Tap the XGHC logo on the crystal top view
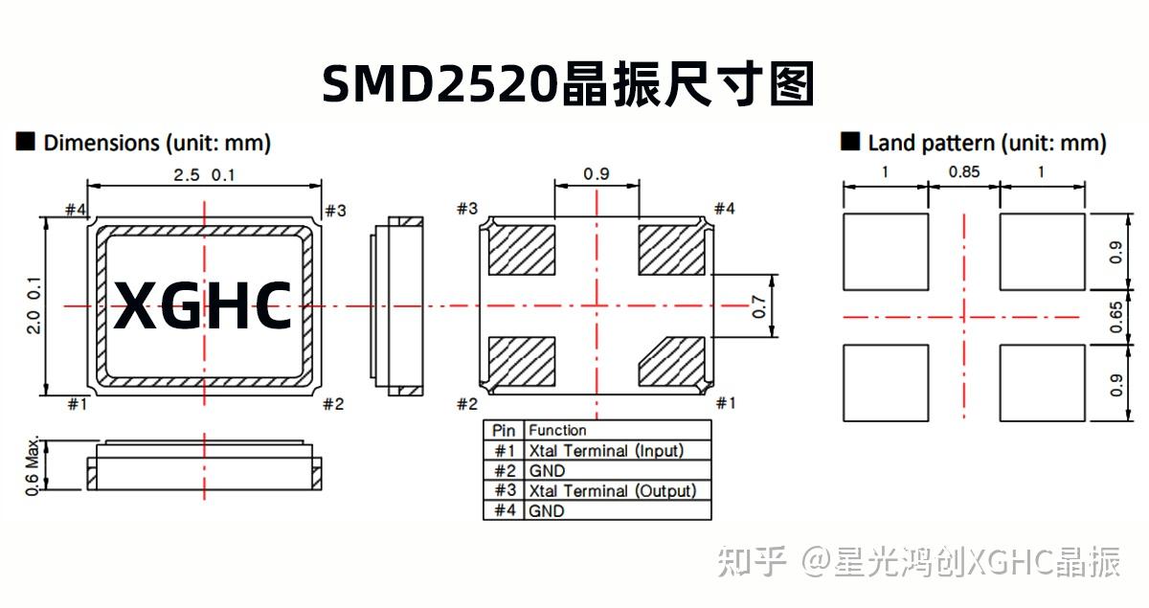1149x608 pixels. click(x=203, y=306)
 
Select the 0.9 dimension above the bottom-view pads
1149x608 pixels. click(x=596, y=174)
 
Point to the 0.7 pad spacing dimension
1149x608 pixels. click(x=759, y=306)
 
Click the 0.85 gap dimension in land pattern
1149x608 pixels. click(x=963, y=172)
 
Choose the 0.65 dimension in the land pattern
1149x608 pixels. click(x=1115, y=316)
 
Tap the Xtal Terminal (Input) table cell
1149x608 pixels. click(x=606, y=450)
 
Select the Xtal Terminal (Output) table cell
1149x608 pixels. click(x=612, y=490)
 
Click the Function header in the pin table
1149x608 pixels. click(x=557, y=430)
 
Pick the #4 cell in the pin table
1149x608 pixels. click(x=504, y=510)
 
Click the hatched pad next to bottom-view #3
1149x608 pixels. click(x=522, y=250)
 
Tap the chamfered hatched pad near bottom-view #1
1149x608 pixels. click(x=672, y=363)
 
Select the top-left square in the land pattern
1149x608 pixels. click(x=886, y=252)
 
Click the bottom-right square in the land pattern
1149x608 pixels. click(x=1042, y=383)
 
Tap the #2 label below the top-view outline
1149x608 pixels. click(x=332, y=404)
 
